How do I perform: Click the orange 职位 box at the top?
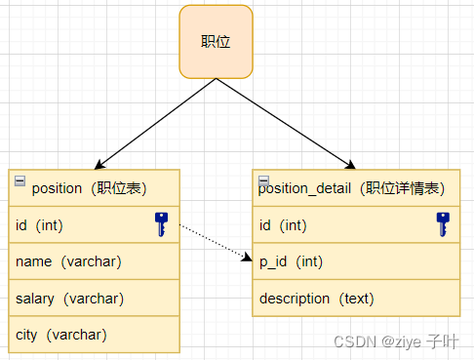[x=216, y=41]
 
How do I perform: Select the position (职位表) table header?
[x=95, y=188]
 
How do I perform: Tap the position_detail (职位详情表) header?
[x=355, y=188]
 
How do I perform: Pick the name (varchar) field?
[x=68, y=261]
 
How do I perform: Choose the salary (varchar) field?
[x=69, y=298]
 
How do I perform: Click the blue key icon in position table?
[x=161, y=224]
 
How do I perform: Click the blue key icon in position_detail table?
[x=443, y=224]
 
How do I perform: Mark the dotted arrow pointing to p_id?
[x=217, y=242]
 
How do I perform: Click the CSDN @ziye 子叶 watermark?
[x=395, y=341]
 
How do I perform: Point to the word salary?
[x=34, y=298]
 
